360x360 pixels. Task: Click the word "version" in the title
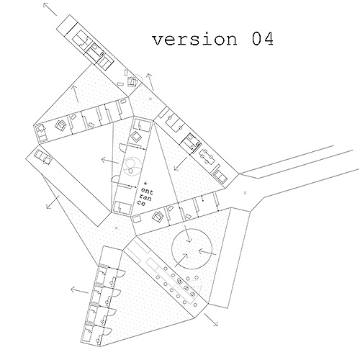coord(194,39)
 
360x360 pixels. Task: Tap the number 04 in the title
coord(263,39)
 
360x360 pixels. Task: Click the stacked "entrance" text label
coord(145,197)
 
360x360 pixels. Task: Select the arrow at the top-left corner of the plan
coord(50,9)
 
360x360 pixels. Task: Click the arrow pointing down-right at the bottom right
coord(211,320)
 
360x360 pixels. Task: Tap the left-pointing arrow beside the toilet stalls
coord(80,291)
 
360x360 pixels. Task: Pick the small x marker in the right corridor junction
coord(245,192)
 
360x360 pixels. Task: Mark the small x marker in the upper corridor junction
coord(150,99)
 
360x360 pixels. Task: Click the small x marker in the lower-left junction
coord(117,228)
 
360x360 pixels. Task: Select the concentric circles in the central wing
coord(132,166)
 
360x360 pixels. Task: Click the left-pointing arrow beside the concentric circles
coord(110,161)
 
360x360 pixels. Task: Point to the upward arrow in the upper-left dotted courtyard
coord(76,94)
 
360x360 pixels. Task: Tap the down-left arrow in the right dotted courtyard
coord(181,163)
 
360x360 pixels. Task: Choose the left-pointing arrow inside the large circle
coord(207,252)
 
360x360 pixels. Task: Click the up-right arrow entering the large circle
coord(181,260)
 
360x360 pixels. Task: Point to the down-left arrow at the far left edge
coord(53,202)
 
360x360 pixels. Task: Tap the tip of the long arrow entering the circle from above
coord(189,242)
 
